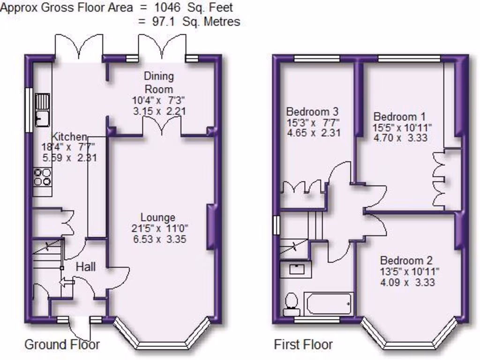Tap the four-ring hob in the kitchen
point(42,177)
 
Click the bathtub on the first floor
point(328,304)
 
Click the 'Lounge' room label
point(158,217)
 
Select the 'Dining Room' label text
point(158,82)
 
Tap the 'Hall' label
point(86,267)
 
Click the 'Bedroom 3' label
point(312,112)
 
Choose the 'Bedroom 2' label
point(406,261)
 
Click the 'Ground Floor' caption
point(62,345)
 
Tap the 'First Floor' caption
point(303,345)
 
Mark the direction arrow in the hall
point(67,282)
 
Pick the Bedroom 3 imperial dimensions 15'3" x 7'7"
point(313,123)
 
